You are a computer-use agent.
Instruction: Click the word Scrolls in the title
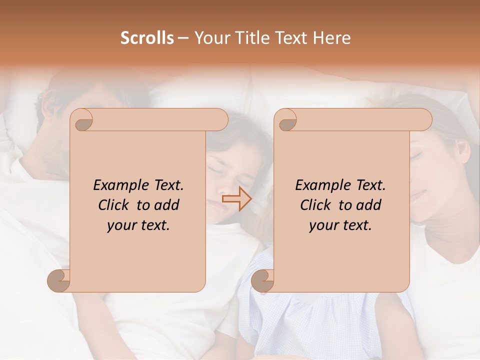147,37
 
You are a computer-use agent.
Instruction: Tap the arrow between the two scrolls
236,199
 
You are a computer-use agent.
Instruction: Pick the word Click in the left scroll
115,205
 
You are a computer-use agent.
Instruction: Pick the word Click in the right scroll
317,205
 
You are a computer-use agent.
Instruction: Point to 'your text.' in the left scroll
138,225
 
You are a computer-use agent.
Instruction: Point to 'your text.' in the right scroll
340,225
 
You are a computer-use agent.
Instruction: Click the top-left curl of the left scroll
81,120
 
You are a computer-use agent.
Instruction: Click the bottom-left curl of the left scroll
59,281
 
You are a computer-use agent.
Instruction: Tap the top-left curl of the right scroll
285,120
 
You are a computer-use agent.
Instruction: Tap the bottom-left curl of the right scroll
262,281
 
